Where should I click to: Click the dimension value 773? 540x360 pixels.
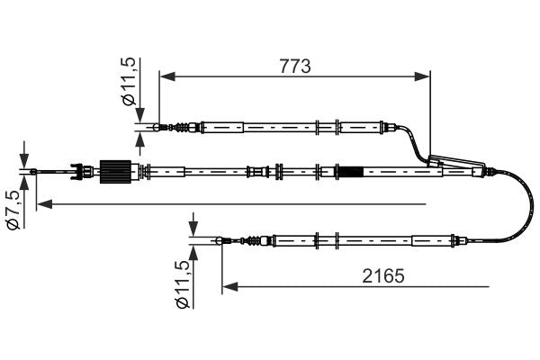tap(293, 65)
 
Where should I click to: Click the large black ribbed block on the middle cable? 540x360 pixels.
tap(114, 170)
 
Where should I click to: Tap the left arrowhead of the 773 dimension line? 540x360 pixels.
tap(166, 77)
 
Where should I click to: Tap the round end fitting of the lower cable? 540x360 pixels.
tap(221, 240)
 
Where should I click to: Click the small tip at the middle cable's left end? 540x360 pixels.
tap(33, 170)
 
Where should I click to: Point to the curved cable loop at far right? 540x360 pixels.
tap(520, 202)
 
